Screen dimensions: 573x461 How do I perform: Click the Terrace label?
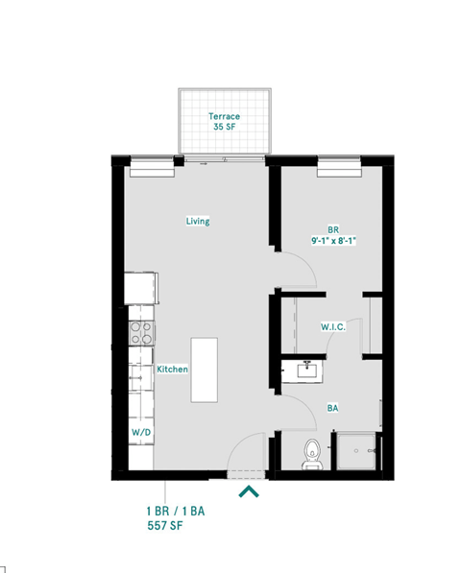[225, 116]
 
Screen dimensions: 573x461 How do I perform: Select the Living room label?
[198, 222]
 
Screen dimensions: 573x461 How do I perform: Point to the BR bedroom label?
[333, 229]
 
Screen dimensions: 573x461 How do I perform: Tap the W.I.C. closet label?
[332, 327]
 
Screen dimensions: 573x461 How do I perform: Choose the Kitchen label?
[172, 370]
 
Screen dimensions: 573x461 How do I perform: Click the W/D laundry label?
[140, 433]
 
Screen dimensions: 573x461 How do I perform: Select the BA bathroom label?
[332, 408]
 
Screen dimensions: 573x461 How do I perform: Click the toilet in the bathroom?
[310, 451]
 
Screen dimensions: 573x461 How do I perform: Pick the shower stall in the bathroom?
[357, 450]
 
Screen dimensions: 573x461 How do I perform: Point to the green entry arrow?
[248, 492]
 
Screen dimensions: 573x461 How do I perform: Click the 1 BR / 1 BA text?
[174, 512]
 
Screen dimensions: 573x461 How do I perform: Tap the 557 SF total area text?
[163, 527]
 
